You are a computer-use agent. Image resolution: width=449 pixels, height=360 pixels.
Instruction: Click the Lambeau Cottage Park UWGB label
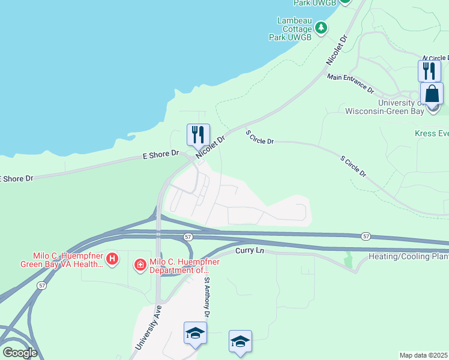(294, 28)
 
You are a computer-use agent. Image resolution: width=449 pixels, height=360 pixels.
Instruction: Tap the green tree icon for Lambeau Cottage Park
(321, 27)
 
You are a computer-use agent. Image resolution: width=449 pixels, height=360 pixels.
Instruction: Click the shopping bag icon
(432, 95)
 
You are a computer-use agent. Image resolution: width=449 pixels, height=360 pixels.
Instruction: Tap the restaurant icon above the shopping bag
(429, 71)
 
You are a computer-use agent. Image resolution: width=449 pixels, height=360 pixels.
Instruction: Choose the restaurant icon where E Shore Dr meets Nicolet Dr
(198, 135)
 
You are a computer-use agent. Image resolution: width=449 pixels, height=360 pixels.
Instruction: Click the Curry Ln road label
(250, 250)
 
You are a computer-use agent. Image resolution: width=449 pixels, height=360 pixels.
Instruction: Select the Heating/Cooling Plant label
(408, 257)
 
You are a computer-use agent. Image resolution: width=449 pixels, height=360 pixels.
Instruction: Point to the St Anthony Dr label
(206, 296)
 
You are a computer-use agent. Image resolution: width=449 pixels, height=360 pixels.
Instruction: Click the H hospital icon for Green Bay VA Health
(112, 259)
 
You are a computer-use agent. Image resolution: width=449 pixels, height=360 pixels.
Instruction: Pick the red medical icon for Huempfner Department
(140, 264)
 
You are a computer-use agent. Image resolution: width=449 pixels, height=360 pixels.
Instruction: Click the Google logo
(20, 353)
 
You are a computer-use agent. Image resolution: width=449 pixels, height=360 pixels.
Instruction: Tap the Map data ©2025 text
(423, 355)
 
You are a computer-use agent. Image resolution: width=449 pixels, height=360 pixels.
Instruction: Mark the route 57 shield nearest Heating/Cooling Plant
(366, 236)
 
